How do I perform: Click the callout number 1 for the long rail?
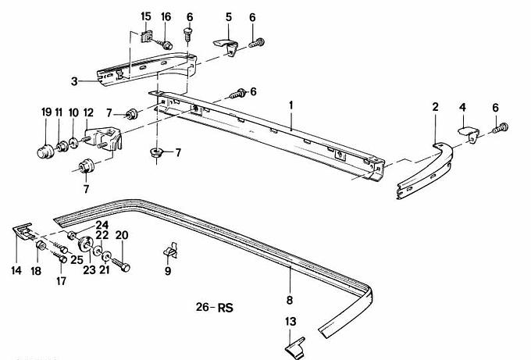coord(290,104)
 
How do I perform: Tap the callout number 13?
coord(290,321)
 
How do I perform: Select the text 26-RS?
coord(215,307)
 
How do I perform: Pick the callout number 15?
coord(146,16)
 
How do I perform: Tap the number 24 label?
coord(102,225)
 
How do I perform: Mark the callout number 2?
coord(435,105)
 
